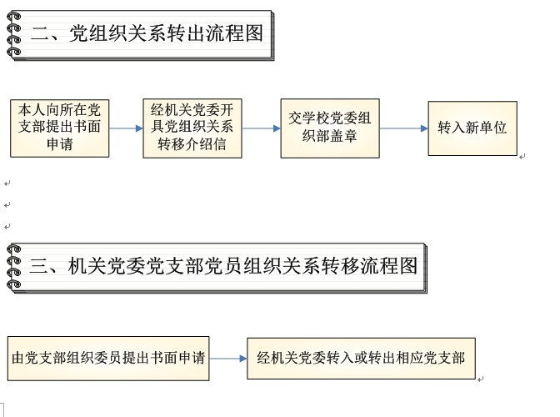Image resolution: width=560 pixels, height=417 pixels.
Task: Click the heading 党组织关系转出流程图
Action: coord(166,33)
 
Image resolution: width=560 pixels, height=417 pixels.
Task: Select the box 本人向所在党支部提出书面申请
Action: coord(60,128)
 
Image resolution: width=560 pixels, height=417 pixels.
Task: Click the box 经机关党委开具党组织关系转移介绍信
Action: coord(192,128)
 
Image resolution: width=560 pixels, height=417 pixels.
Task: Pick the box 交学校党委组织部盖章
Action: coord(330,128)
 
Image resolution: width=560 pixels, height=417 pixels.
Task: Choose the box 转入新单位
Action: coord(472,128)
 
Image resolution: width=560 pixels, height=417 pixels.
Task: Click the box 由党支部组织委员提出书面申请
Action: coord(108,359)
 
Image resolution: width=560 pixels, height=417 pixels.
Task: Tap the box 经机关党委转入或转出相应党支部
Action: coord(361,359)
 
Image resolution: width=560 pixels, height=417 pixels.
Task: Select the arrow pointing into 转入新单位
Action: coord(403,128)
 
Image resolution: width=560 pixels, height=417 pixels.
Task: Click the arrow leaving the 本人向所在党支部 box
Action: coord(126,128)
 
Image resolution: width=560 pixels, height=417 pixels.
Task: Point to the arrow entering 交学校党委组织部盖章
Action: coord(261,128)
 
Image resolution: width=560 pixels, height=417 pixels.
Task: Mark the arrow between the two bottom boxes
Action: coord(228,359)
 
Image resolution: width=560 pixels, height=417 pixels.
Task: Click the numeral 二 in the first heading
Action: coord(40,34)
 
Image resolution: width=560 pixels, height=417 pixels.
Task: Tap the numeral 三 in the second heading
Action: coord(38,266)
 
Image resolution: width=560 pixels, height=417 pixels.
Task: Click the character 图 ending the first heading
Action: coord(254,33)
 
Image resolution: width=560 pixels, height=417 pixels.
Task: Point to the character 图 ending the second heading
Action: coord(408,266)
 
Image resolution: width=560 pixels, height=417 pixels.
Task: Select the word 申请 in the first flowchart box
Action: coord(60,144)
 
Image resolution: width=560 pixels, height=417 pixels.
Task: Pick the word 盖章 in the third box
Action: coord(343,136)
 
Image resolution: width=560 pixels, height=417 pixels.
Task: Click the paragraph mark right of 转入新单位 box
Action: coord(522,157)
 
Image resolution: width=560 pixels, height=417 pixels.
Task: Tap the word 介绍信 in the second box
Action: coord(206,144)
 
